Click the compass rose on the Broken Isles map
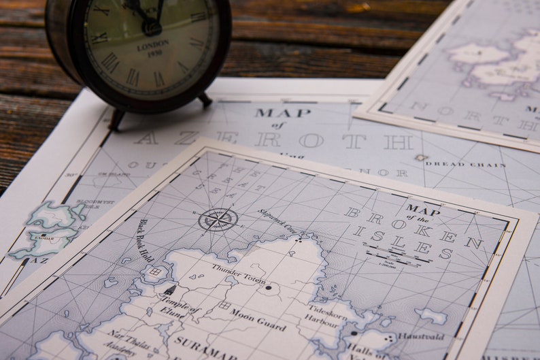pos(218,219)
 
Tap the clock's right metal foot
pos(204,100)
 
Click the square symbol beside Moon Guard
pos(224,306)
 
